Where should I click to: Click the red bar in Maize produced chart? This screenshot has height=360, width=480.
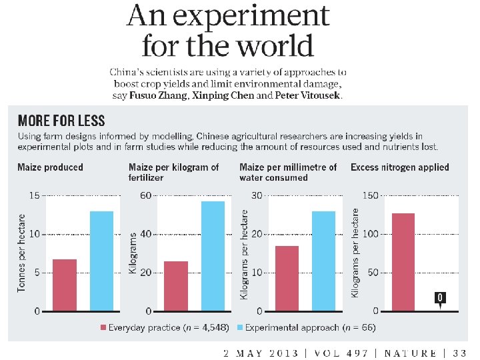coord(65,285)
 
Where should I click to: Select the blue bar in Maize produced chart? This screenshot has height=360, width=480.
coord(101,261)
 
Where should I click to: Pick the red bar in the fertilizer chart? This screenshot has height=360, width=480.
coord(175,286)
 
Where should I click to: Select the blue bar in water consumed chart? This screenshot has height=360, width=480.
coord(323,261)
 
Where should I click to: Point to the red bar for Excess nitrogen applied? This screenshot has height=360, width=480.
coord(403,262)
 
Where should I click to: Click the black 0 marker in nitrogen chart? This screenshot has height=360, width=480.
coord(440,297)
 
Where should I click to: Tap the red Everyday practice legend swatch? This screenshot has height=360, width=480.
coord(103,327)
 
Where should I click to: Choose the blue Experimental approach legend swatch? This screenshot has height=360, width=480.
coord(240,327)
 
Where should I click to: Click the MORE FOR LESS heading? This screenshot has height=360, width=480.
coord(61,121)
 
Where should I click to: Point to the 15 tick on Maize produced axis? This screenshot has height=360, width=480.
coord(34,195)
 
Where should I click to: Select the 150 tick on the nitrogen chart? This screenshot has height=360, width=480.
coord(370,195)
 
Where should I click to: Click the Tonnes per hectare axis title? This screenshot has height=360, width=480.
coord(21,253)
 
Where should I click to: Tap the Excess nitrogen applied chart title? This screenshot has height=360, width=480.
coord(400,167)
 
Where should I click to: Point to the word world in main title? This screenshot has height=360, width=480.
coord(272,46)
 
